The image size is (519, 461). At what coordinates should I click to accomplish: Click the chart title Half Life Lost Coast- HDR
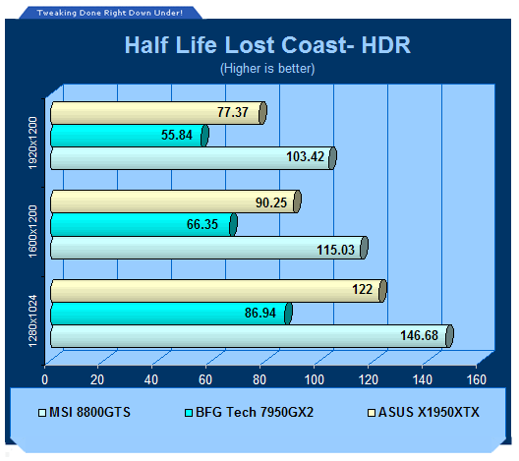[x=267, y=44]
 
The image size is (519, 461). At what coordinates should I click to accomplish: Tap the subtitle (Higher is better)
[x=267, y=69]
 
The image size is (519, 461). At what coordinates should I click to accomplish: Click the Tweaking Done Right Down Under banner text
[x=110, y=13]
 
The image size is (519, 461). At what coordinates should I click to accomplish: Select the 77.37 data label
[x=233, y=112]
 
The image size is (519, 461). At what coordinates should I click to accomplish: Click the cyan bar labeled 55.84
[x=130, y=136]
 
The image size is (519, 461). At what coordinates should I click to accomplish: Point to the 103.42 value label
[x=305, y=156]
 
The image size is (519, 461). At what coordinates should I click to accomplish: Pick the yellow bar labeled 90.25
[x=176, y=202]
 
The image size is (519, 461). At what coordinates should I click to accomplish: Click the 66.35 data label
[x=202, y=224]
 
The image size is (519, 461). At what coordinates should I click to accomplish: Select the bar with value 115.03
[x=209, y=248]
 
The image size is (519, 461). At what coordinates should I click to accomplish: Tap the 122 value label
[x=363, y=290]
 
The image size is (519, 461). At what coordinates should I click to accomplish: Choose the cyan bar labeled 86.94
[x=171, y=314]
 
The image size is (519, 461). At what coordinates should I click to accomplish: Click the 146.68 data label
[x=419, y=335]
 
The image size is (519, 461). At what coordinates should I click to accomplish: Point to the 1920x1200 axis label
[x=32, y=143]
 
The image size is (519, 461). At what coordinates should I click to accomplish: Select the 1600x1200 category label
[x=32, y=231]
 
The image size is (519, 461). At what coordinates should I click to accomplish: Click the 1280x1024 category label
[x=32, y=321]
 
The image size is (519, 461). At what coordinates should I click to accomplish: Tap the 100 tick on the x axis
[x=315, y=379]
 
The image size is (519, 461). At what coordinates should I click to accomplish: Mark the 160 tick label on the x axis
[x=477, y=379]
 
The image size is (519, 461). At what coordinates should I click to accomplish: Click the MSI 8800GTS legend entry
[x=85, y=413]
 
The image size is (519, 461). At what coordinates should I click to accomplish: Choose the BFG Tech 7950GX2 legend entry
[x=249, y=413]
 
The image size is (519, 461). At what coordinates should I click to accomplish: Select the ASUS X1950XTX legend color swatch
[x=372, y=413]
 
